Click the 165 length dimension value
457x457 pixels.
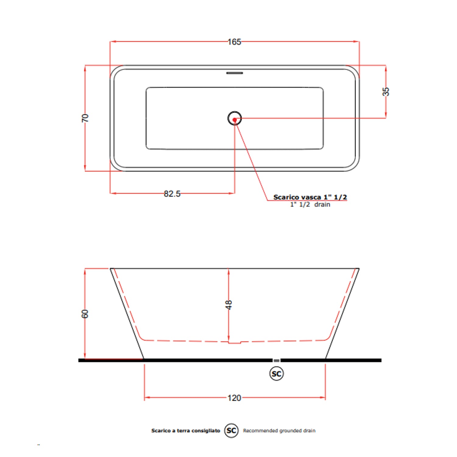234,42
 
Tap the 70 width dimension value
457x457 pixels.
85,118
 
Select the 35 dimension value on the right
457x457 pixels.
386,91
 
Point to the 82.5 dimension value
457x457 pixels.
172,194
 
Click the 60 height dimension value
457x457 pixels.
85,314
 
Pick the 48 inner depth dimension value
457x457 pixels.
228,305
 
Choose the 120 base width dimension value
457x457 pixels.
234,398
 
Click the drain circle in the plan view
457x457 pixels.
235,118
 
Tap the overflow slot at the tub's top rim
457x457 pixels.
234,73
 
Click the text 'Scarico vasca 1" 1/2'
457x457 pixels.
310,197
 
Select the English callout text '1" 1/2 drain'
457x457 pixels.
310,204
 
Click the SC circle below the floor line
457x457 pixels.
276,374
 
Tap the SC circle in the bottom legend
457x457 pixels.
231,430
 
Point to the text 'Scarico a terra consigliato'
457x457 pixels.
186,430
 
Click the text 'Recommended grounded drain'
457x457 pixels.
279,430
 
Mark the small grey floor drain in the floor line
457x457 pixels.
276,360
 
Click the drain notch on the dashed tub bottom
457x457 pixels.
235,342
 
